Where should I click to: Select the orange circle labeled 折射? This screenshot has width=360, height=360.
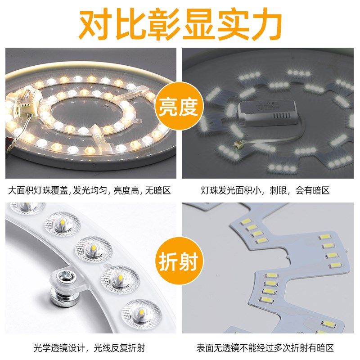178,261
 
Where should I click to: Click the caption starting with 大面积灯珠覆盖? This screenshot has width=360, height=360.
90,190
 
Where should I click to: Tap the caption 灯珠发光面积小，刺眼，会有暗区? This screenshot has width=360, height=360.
265,190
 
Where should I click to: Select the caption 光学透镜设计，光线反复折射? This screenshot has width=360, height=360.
90,348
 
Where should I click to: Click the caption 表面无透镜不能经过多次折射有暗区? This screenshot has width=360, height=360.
265,348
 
